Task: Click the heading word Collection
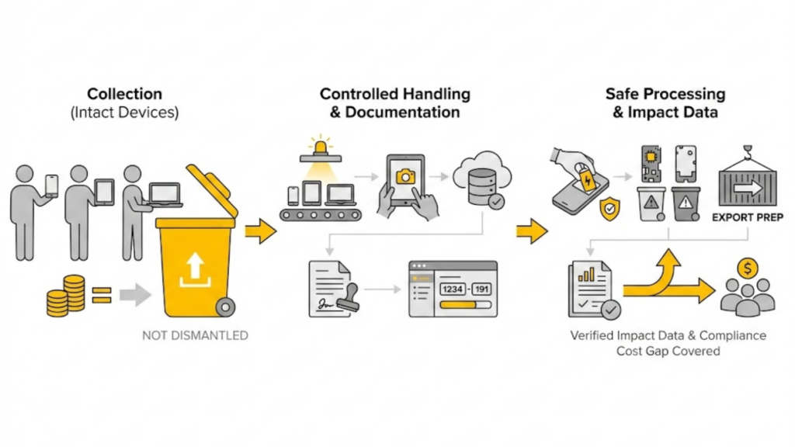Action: (x=124, y=94)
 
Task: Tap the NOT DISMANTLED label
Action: (x=195, y=336)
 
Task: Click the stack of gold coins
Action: (x=65, y=296)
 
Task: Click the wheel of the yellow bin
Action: (x=225, y=307)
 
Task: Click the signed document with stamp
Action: (x=329, y=289)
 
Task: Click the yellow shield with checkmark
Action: (x=610, y=208)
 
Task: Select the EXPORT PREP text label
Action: (x=745, y=218)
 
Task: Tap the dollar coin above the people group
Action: (x=748, y=269)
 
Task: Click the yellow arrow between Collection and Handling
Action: (x=261, y=230)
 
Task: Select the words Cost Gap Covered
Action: (x=668, y=351)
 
